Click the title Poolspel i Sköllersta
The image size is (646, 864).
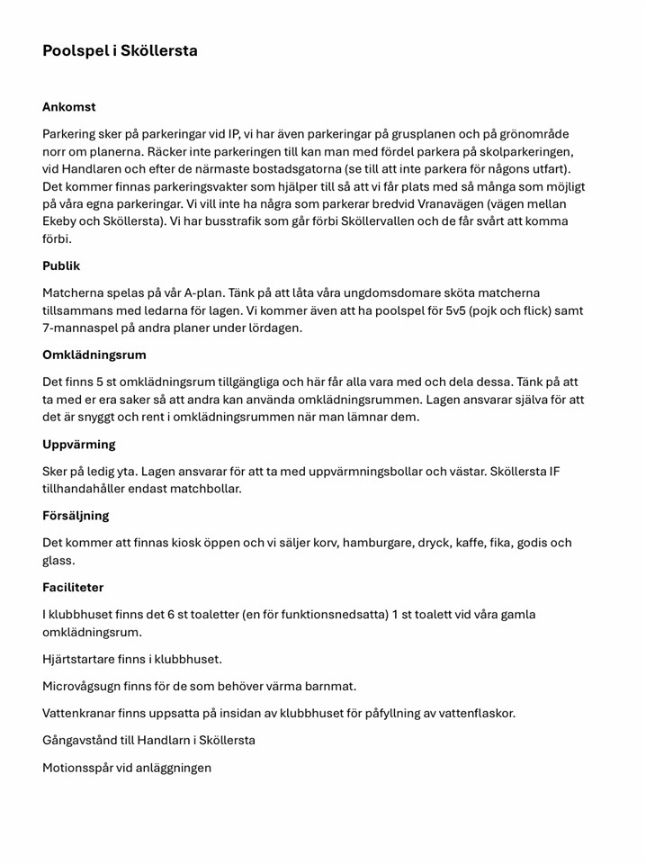(x=120, y=51)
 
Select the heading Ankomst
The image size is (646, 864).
(x=69, y=107)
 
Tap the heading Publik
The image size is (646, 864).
(x=61, y=265)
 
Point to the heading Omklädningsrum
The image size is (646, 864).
(x=94, y=355)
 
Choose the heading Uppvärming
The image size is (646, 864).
(x=78, y=445)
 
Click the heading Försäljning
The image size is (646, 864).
(x=76, y=516)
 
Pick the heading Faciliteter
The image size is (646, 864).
(x=73, y=587)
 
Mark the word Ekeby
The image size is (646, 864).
(x=63, y=221)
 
